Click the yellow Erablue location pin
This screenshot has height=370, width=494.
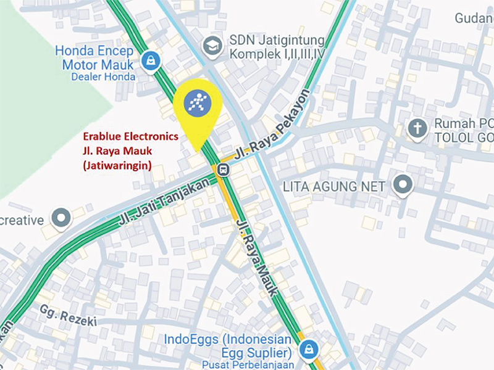point(197,105)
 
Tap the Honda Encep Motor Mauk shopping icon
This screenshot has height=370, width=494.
point(149,60)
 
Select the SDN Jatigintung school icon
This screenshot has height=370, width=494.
point(212,46)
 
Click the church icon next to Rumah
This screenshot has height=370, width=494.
point(418,128)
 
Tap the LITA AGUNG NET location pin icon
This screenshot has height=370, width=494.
point(403,184)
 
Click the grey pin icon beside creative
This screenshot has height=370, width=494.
point(61,217)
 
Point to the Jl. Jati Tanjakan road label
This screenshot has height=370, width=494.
point(162,202)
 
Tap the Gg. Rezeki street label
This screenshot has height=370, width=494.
point(68,314)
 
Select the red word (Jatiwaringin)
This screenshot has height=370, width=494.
point(116,164)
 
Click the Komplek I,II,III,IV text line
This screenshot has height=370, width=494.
point(277,54)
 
